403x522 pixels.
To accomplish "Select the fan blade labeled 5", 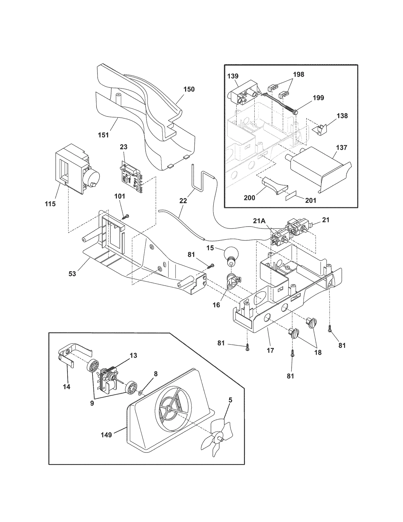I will tap(219, 439).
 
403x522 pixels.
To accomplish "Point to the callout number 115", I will tap(50, 204).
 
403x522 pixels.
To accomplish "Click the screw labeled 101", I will tap(125, 217).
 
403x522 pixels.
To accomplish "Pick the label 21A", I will tap(259, 221).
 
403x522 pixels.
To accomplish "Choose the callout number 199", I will tap(318, 98).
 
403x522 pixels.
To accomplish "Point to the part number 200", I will tap(249, 198).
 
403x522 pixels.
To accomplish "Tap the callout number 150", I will tap(189, 89).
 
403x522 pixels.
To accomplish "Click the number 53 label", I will tap(72, 273).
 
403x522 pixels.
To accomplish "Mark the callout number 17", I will tap(270, 350).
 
